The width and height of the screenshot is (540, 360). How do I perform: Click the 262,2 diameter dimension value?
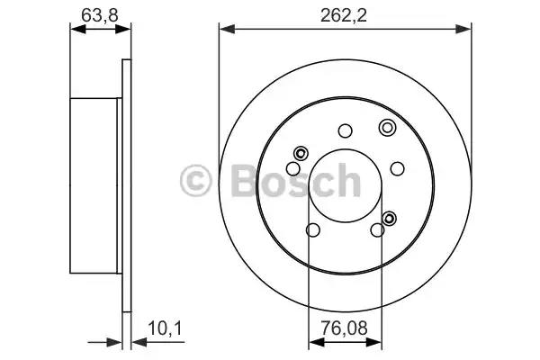coord(344,15)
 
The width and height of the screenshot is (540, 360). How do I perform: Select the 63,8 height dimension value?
coord(100,15)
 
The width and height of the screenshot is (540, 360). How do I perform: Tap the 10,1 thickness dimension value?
coord(165,328)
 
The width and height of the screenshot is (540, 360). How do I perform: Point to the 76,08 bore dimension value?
coord(345,328)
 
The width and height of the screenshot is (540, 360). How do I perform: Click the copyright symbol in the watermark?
coord(195,181)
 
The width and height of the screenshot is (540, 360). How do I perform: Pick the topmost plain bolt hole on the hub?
coord(345,130)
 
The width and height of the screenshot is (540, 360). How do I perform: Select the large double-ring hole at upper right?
coord(387,128)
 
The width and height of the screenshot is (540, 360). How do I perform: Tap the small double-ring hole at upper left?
coord(301,153)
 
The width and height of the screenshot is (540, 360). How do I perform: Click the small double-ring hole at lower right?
coord(389,218)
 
